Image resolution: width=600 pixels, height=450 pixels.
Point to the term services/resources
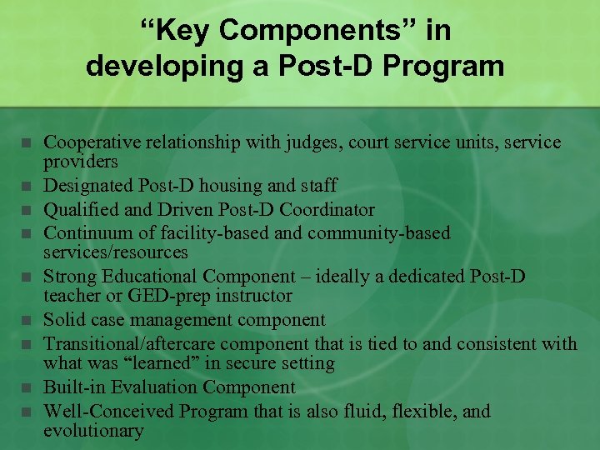(x=115, y=252)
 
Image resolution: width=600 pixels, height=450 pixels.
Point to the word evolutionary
(x=92, y=431)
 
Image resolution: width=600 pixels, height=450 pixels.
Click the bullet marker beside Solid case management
(x=27, y=320)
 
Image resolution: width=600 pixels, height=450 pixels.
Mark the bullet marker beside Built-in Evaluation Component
(x=27, y=387)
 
